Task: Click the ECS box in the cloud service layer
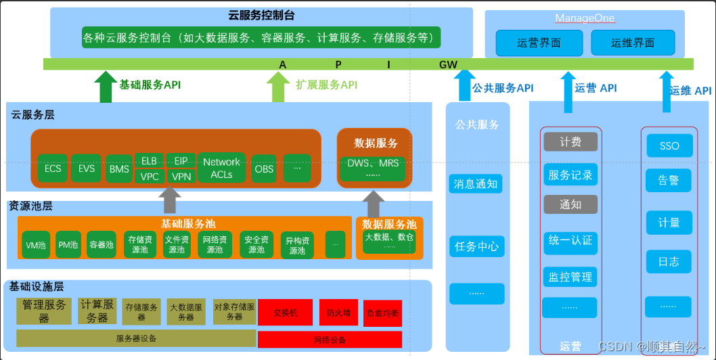pos(53,169)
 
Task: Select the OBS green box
pos(264,169)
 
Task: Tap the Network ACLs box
pos(221,168)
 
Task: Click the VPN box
pos(181,177)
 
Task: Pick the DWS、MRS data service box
pos(373,168)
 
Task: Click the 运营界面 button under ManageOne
pos(539,43)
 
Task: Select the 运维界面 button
pos(633,43)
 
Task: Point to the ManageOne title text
pos(583,18)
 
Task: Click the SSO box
pos(669,145)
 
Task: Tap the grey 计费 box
pos(570,142)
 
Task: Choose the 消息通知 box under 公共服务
pos(476,183)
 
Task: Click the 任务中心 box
pos(476,246)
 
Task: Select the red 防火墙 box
pos(338,313)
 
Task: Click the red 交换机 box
pos(285,313)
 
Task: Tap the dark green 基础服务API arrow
pos(106,87)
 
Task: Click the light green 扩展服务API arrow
pos(277,87)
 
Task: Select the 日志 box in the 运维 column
pos(669,261)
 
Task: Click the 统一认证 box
pos(569,240)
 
